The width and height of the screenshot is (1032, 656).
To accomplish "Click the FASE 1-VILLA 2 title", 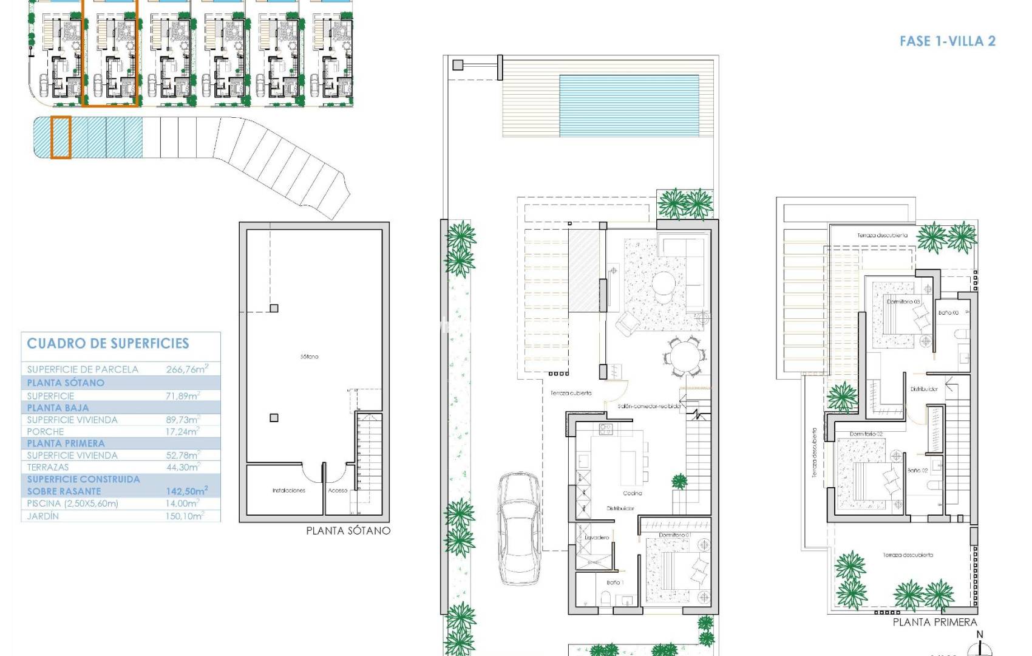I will tap(947, 41).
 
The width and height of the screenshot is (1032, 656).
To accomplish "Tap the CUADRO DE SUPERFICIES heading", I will tap(108, 343).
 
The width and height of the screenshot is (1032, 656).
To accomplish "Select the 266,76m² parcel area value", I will tap(187, 369).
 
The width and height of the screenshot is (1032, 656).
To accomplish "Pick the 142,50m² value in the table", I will tap(187, 491).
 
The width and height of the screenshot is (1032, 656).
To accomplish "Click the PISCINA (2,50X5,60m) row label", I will tap(73, 504).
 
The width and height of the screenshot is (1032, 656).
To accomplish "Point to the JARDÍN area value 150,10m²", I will tap(185, 516).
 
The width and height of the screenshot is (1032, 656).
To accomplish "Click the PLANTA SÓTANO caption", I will tap(348, 530).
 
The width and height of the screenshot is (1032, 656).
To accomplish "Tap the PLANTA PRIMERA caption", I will tap(935, 622).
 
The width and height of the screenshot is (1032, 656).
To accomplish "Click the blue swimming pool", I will tap(628, 106).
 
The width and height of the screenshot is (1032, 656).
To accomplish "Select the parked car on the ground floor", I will tap(520, 528).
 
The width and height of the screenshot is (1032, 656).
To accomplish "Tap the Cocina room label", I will tap(632, 493).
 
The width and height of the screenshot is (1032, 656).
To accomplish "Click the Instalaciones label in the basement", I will tap(289, 490).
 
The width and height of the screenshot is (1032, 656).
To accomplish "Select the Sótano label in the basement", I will tap(310, 357).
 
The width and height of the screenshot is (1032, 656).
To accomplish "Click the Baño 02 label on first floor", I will tap(917, 470).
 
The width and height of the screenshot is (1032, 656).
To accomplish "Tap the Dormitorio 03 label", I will tap(903, 301).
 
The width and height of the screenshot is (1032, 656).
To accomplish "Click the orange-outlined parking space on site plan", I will tap(61, 138).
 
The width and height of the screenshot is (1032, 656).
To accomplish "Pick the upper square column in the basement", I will tap(274, 309).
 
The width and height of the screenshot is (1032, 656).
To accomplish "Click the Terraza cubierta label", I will tap(571, 393).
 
